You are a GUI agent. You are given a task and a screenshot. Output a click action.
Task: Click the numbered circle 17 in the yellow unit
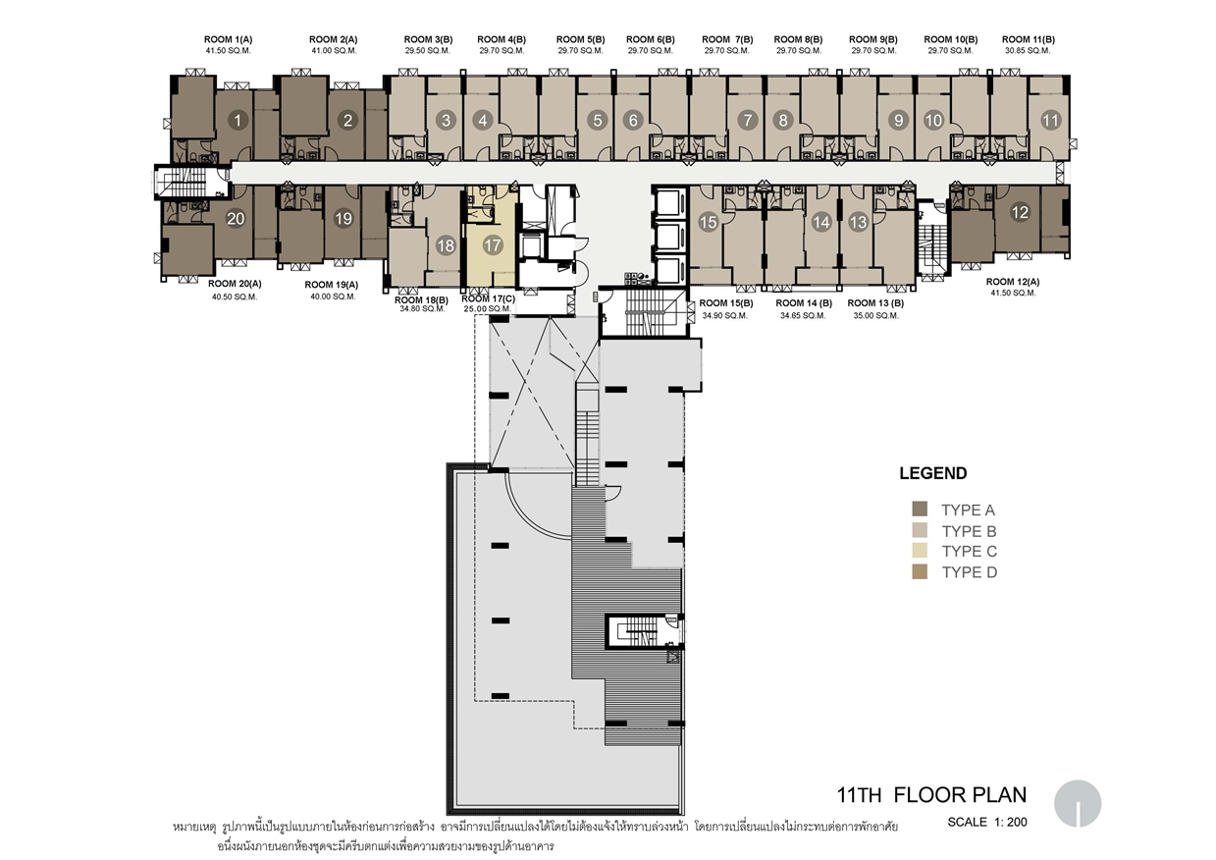coord(493,245)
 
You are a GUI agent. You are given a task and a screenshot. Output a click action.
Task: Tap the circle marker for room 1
coord(238,120)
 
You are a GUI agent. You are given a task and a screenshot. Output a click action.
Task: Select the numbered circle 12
coord(1020,212)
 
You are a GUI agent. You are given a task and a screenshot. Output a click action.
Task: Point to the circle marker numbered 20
coord(236,218)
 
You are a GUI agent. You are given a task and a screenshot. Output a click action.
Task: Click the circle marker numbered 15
coord(708,222)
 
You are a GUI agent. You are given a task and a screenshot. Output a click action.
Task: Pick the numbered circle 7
coord(748,120)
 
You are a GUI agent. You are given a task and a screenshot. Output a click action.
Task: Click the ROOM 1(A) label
coord(228,39)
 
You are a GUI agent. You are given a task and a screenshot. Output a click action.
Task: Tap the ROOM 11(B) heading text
coord(1029,39)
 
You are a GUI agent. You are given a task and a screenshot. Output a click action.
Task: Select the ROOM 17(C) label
coord(488,299)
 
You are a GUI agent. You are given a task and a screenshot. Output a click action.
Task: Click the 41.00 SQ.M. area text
coord(334,51)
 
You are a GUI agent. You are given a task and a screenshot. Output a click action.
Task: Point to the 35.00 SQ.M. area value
coord(875,315)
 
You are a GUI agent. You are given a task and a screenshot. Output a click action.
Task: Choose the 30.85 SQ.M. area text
coord(1028,51)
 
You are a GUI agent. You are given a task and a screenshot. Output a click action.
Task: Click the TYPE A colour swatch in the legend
coord(920,509)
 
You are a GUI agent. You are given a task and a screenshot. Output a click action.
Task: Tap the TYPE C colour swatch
coord(920,551)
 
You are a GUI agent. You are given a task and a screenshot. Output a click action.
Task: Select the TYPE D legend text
coord(970,572)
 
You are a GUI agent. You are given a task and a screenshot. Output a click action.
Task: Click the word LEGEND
coord(933,473)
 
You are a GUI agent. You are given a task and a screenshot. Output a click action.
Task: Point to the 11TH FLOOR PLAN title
coord(931,795)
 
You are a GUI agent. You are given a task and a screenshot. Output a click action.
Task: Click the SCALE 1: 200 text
coord(987,823)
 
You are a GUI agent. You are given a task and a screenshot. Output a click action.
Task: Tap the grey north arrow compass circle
coord(1078,803)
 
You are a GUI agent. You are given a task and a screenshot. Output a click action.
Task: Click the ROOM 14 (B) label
coord(804,303)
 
